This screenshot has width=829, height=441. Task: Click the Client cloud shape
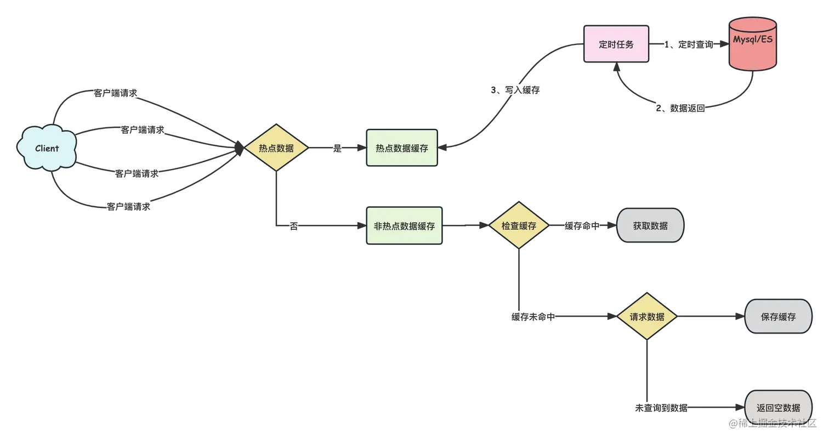pyautogui.click(x=47, y=149)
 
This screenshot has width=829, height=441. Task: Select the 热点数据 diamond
pyautogui.click(x=276, y=148)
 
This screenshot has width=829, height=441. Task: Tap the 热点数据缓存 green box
pyautogui.click(x=402, y=148)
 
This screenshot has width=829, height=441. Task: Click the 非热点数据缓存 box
pyautogui.click(x=404, y=225)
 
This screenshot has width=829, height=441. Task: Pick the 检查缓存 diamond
pyautogui.click(x=519, y=225)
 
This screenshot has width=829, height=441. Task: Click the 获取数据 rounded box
pyautogui.click(x=650, y=225)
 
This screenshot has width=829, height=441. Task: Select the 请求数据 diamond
pyautogui.click(x=647, y=317)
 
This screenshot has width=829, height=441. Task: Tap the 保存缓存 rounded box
pyautogui.click(x=778, y=317)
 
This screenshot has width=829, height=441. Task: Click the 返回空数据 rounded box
pyautogui.click(x=778, y=408)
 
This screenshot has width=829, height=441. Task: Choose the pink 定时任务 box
pyautogui.click(x=616, y=44)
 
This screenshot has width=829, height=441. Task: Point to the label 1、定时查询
pyautogui.click(x=688, y=45)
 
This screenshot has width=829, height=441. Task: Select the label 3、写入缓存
pyautogui.click(x=515, y=90)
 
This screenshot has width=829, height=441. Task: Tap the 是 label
pyautogui.click(x=337, y=148)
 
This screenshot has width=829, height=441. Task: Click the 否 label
pyautogui.click(x=294, y=225)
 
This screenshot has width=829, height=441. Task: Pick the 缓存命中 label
pyautogui.click(x=582, y=225)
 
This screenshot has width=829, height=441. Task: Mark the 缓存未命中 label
pyautogui.click(x=534, y=317)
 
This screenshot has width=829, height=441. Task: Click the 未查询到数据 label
pyautogui.click(x=661, y=408)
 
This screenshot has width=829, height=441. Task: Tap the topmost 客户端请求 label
pyautogui.click(x=115, y=93)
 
